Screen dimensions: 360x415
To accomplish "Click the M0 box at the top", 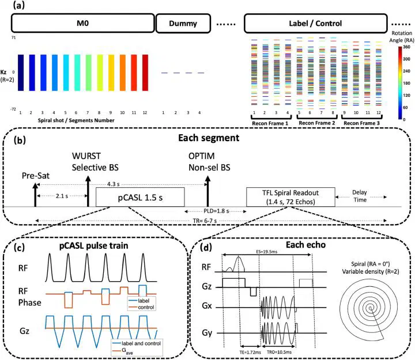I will [x=82, y=24].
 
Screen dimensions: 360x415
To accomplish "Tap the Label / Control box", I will [x=315, y=24].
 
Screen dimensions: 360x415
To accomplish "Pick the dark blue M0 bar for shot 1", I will [x=20, y=73].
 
